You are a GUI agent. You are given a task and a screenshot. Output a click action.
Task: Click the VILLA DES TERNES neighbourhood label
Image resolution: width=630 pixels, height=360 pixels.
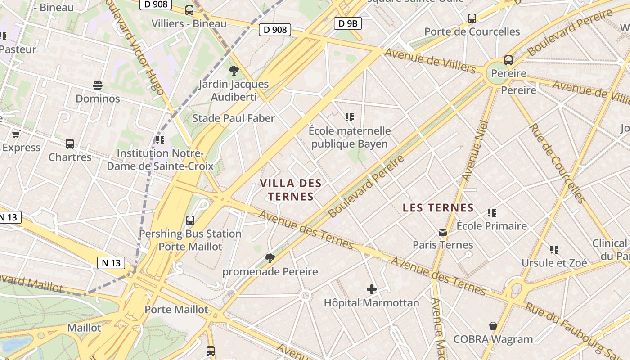(291, 189)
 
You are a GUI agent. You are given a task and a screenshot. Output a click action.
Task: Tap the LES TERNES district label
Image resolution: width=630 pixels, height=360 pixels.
(438, 208)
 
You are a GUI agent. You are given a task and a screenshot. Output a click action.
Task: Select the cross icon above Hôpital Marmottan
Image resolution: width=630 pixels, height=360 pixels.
(372, 289)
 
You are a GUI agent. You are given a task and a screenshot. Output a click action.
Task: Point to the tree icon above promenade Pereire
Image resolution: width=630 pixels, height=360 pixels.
(270, 258)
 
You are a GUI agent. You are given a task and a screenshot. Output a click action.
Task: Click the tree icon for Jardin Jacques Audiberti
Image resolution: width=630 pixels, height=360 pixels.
(234, 70)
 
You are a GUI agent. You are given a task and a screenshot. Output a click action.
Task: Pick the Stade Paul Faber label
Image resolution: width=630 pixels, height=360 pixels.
(233, 118)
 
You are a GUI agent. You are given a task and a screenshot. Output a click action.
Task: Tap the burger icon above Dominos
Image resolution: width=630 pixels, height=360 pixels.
(98, 85)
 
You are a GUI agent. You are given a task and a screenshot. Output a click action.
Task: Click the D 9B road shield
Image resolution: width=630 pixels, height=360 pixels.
(348, 23)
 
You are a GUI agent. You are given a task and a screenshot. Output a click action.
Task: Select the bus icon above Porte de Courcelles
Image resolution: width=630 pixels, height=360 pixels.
(472, 18)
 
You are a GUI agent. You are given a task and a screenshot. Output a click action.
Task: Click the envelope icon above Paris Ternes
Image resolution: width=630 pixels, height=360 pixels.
(443, 232)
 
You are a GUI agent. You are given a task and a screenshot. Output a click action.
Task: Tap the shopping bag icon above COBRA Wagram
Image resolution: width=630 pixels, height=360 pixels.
(493, 326)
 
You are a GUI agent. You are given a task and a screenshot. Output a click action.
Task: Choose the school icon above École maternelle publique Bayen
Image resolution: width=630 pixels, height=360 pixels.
(350, 117)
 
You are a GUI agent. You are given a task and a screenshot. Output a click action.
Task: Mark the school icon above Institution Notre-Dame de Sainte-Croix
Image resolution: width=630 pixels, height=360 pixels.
(160, 140)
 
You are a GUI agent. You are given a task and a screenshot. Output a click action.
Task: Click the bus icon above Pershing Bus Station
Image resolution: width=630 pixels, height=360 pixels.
(190, 220)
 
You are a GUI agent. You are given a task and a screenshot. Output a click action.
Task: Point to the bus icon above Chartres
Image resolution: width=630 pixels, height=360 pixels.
(70, 144)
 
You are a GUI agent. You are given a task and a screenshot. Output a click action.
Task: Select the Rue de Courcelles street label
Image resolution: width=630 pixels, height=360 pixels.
(557, 163)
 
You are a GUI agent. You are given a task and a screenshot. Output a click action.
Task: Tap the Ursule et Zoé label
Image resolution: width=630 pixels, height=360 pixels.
(554, 263)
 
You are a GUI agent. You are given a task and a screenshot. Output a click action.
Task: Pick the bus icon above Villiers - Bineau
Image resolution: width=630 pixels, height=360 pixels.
(189, 10)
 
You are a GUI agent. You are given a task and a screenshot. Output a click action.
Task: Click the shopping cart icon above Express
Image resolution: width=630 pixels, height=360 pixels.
(16, 134)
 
